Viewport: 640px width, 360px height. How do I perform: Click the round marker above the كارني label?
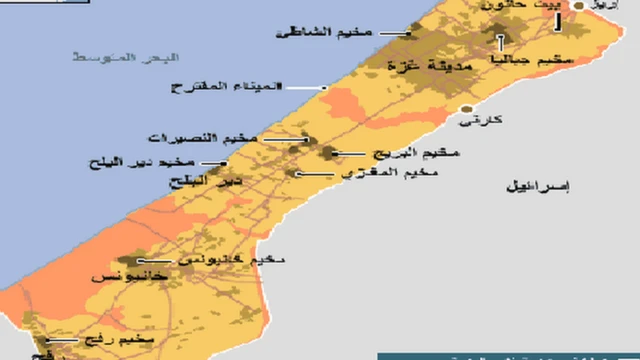click(465, 108)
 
